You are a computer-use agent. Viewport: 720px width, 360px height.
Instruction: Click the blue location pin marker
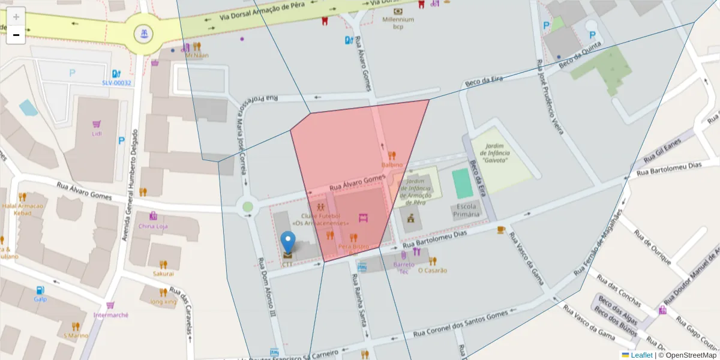point(289,242)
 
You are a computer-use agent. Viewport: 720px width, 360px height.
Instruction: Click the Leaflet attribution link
point(641,355)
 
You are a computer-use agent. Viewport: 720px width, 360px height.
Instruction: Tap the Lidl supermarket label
point(97,133)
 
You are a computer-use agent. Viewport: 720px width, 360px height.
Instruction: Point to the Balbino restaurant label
point(392,164)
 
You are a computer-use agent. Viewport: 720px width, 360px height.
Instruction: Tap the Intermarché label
point(111,315)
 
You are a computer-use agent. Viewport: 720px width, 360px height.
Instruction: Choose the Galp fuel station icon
point(40,290)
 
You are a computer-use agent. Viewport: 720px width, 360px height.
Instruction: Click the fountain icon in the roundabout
point(143,34)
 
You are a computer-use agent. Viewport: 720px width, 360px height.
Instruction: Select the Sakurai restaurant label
point(163,273)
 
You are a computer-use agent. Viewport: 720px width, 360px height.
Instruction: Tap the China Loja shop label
point(153,226)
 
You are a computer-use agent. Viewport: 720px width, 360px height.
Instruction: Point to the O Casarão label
point(432,270)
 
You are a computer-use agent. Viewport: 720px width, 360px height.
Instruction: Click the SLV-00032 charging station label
point(116,83)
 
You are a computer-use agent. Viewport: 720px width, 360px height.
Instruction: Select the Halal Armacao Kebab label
point(23,209)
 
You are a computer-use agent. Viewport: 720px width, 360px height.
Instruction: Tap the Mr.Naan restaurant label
point(197,55)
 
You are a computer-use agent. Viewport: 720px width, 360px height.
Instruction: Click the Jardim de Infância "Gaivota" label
point(496,153)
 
